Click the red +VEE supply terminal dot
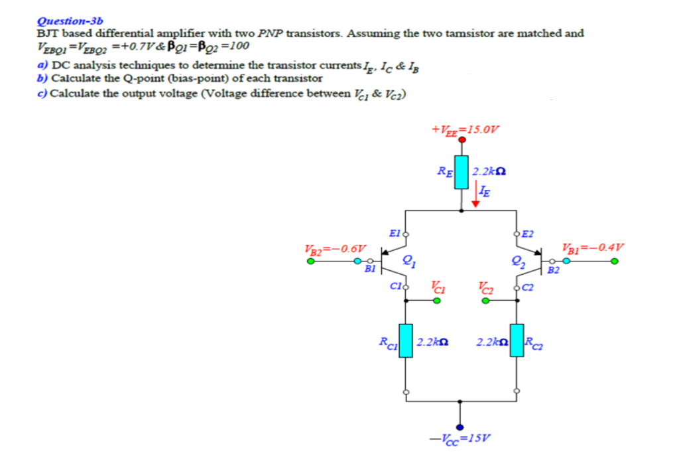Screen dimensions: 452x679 tap(462, 141)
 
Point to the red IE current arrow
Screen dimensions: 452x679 tap(475, 198)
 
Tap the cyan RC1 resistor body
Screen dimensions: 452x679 tap(406, 342)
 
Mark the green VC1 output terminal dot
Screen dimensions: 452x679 tap(436, 301)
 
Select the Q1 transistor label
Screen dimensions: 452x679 tap(409, 260)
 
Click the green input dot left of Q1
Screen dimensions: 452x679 tap(310, 262)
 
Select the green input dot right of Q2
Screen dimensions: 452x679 tap(614, 262)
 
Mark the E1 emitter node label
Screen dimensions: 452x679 tap(394, 233)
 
